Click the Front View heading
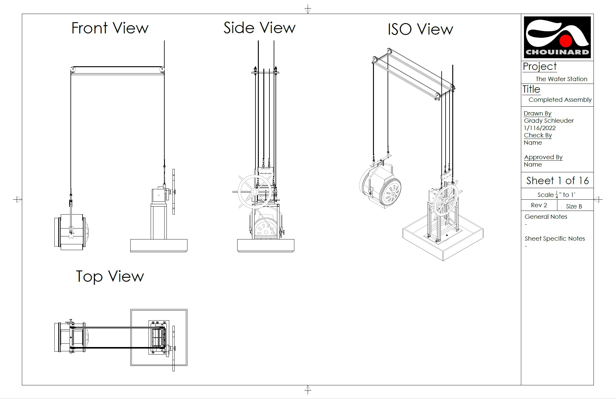110,28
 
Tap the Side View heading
259,28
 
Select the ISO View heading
420,29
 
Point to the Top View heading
110,277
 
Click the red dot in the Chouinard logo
566,41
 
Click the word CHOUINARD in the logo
557,52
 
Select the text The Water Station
561,79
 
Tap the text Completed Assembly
560,100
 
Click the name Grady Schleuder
549,121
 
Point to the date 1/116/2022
539,128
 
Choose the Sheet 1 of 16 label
557,181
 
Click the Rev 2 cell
539,205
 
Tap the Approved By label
543,157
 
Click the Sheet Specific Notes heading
555,239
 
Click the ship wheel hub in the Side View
255,192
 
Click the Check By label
538,135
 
